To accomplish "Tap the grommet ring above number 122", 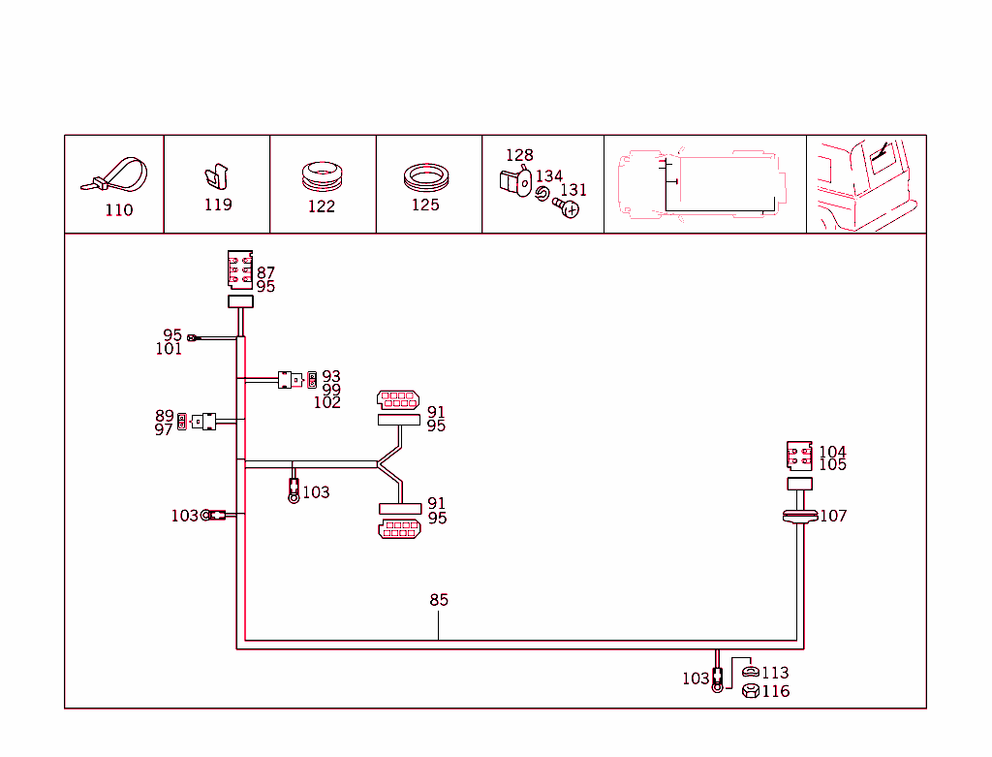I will click(x=323, y=176).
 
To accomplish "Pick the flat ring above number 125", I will click(x=427, y=177).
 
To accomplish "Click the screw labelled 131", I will click(x=570, y=207).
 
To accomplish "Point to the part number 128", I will click(x=519, y=155).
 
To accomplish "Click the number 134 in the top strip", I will click(x=548, y=176).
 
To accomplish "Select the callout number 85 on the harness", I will click(x=439, y=600).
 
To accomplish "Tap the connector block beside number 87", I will click(x=239, y=269).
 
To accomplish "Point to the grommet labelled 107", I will click(x=799, y=517).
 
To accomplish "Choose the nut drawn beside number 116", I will click(x=749, y=691).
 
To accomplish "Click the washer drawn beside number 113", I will click(x=749, y=672).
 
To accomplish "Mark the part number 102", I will click(x=326, y=403).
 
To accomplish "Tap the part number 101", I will click(x=169, y=349).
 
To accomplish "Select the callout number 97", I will click(x=164, y=429).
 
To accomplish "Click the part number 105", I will click(x=832, y=465).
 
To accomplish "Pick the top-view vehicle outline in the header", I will click(x=704, y=183).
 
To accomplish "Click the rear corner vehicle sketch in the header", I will click(x=865, y=184).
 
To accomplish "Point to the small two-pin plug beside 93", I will click(x=312, y=379).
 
